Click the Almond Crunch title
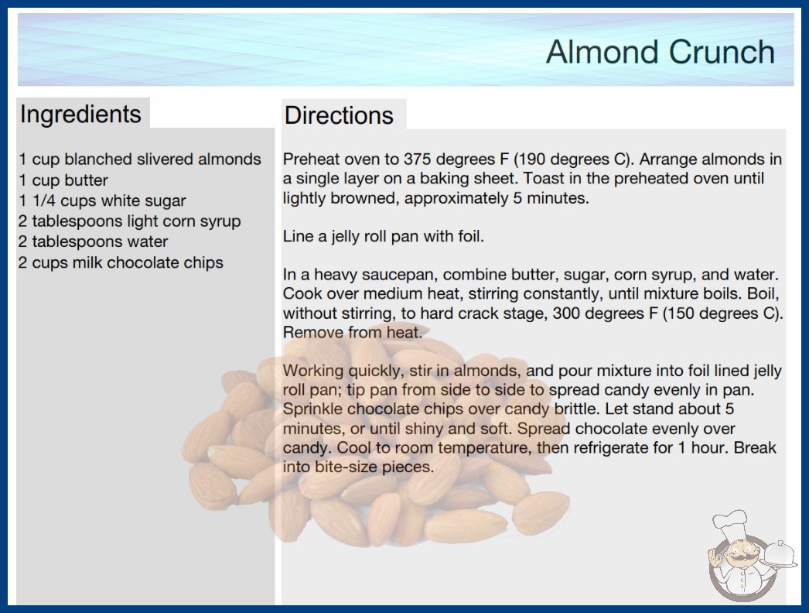pos(661,52)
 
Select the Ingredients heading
pos(80,115)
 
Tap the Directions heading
pos(339,115)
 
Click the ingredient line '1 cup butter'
pos(63,180)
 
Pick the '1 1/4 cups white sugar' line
pos(102,200)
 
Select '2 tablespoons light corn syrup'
pos(129,221)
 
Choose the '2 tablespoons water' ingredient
pos(94,241)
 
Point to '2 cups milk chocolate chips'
pos(121,262)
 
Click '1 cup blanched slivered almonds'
pos(140,159)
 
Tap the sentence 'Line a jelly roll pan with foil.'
pos(384,237)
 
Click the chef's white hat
pos(730,523)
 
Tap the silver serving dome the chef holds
pos(779,555)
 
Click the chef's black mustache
pos(739,558)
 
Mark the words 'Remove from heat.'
pos(353,332)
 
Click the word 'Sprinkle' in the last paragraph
pos(312,409)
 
